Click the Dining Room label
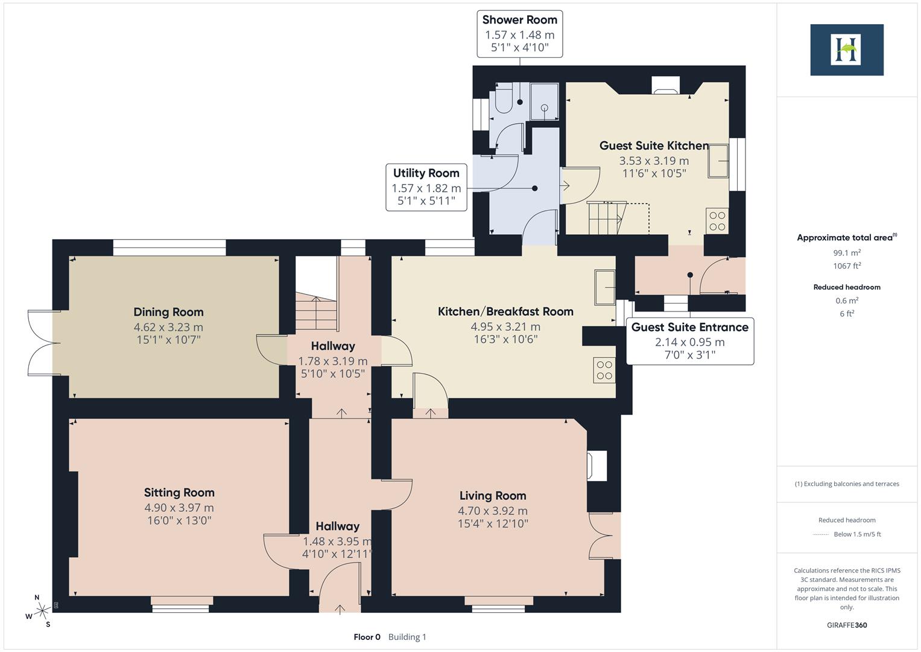click(168, 312)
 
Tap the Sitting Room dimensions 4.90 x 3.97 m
click(179, 508)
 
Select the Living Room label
click(493, 496)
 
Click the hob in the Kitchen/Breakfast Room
click(604, 370)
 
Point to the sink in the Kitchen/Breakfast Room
click(604, 287)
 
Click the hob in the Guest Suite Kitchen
click(717, 220)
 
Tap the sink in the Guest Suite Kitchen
click(718, 161)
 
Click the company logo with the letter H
click(846, 50)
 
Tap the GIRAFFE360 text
click(847, 625)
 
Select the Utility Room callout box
click(426, 188)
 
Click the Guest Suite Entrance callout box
click(689, 341)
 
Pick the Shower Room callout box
click(519, 34)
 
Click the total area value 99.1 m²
click(847, 253)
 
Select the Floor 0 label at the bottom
click(367, 637)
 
